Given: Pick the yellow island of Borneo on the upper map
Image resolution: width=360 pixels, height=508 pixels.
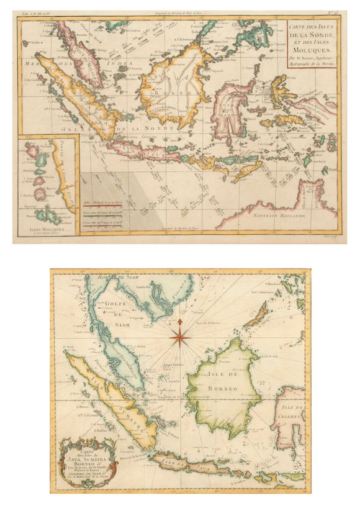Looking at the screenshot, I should pyautogui.click(x=168, y=87).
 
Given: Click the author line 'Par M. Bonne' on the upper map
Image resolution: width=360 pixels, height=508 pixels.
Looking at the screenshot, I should pyautogui.click(x=312, y=60).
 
